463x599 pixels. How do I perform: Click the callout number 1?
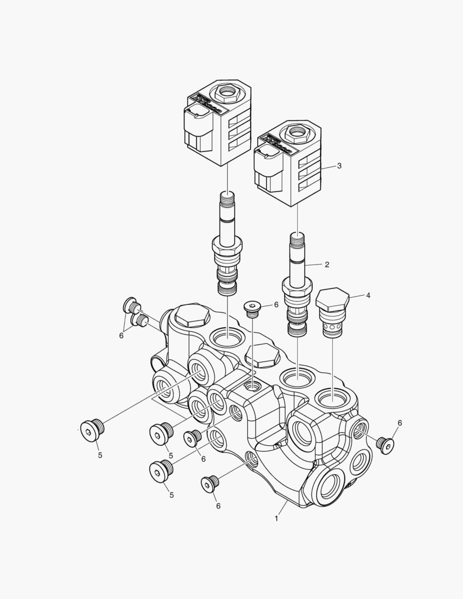coord(276,519)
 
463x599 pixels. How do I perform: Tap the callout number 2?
coord(327,265)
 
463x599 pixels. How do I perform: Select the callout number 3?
coord(339,166)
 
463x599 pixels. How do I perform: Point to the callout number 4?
coord(368,295)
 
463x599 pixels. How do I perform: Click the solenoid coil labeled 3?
coord(288,163)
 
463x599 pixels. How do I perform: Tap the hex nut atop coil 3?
coord(297,132)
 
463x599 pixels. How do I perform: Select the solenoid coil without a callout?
coord(218,123)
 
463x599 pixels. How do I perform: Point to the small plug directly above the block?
coord(252,309)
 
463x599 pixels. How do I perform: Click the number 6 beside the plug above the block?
coord(276,304)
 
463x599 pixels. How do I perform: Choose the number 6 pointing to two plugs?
coord(121,336)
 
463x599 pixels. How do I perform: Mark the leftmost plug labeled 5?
coord(92,430)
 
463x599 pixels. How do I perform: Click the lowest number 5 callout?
coord(171,495)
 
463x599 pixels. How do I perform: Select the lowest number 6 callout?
coord(218,506)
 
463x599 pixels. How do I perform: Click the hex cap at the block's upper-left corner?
coord(192,316)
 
